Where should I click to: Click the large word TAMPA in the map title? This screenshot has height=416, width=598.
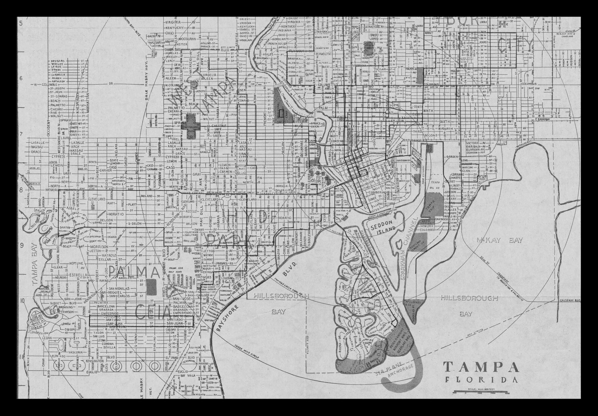481,367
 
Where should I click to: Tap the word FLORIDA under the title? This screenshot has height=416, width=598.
480,380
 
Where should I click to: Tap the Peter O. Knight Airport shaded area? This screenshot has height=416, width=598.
399,339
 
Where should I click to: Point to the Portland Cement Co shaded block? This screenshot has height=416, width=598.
420,242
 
